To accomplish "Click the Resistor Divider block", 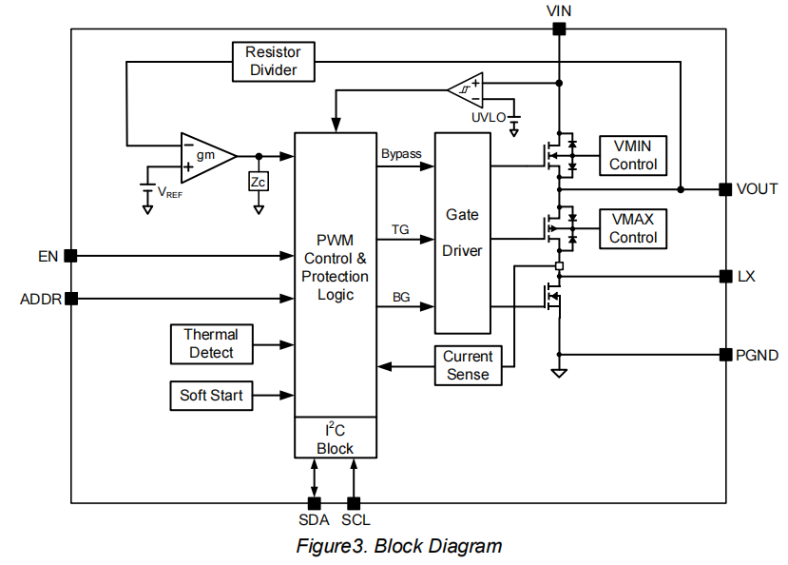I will coord(273,62).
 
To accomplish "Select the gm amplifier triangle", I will coord(206,156).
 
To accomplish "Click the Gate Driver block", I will coord(463,233).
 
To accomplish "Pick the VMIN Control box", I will coord(633,154).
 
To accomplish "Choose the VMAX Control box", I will coord(633,228).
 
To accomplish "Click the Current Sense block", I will coord(468,366).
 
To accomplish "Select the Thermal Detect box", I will coord(211,343).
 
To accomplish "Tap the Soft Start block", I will coord(211,396).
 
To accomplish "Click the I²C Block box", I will coord(335,438).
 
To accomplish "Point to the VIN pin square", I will coord(559,29).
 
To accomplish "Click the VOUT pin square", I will coord(724,189).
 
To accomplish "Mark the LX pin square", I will coord(724,277).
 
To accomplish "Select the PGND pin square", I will coord(724,355).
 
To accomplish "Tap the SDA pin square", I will coord(315,502).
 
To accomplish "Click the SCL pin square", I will coord(354,502).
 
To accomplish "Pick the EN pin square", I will coord(70,255).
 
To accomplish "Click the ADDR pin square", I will coord(70,299).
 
